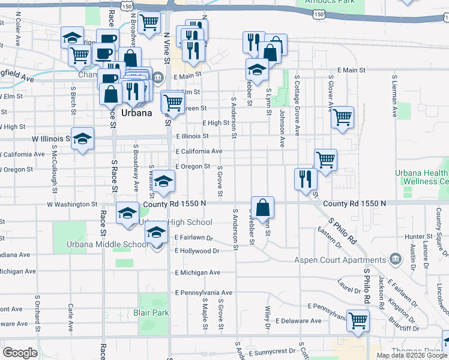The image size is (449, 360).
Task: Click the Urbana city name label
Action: coord(131,113)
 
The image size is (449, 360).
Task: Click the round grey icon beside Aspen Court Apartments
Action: coord(396,259)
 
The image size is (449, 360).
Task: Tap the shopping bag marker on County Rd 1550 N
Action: coord(263,208)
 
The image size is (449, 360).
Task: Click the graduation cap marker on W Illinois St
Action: coord(83,139)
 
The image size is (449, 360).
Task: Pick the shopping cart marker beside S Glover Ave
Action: coord(342,118)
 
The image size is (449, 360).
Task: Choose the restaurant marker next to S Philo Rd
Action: coord(306,178)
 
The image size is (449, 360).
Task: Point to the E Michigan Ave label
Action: coord(197,272)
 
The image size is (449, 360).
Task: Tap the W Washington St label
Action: coord(72,205)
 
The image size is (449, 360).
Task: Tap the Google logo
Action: coord(20,352)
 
